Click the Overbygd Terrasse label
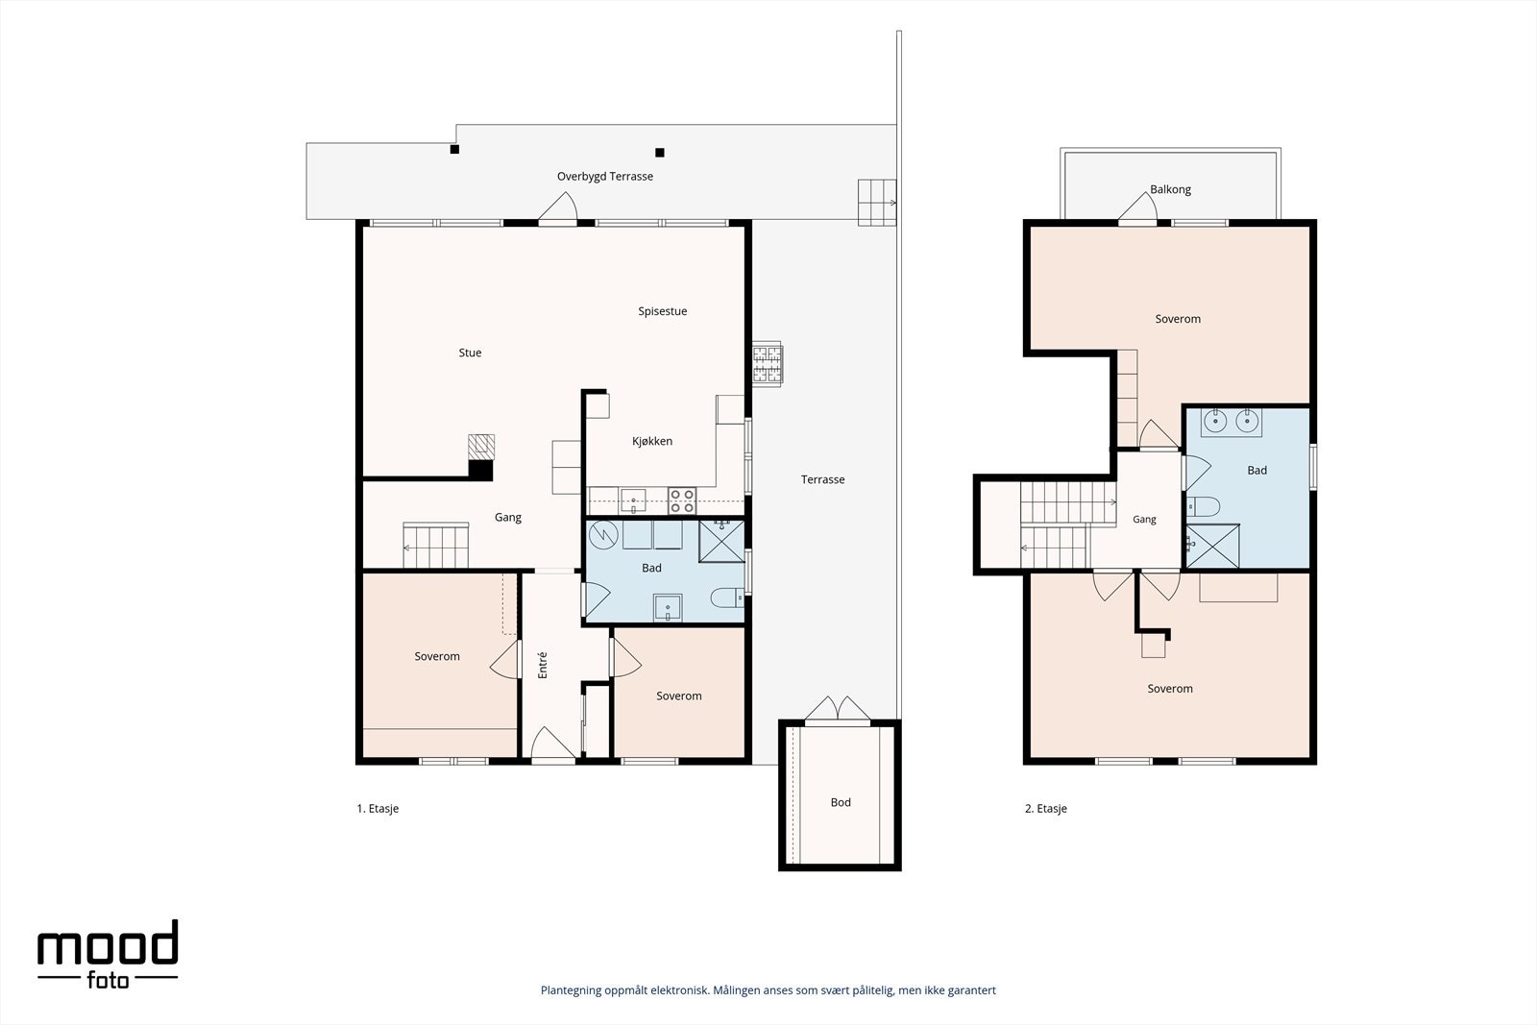604,177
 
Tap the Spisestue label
662,311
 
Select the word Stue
470,353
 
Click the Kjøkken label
652,441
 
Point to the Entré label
543,665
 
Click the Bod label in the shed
841,802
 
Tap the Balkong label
1171,189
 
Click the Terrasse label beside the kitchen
822,479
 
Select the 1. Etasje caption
378,808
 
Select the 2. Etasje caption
1046,808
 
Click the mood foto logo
108,954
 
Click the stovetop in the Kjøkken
682,500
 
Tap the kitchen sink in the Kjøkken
633,500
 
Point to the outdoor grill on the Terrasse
768,364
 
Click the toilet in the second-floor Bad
1204,506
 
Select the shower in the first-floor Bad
721,541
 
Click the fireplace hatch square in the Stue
481,446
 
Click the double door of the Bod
837,709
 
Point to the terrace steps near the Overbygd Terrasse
877,203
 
